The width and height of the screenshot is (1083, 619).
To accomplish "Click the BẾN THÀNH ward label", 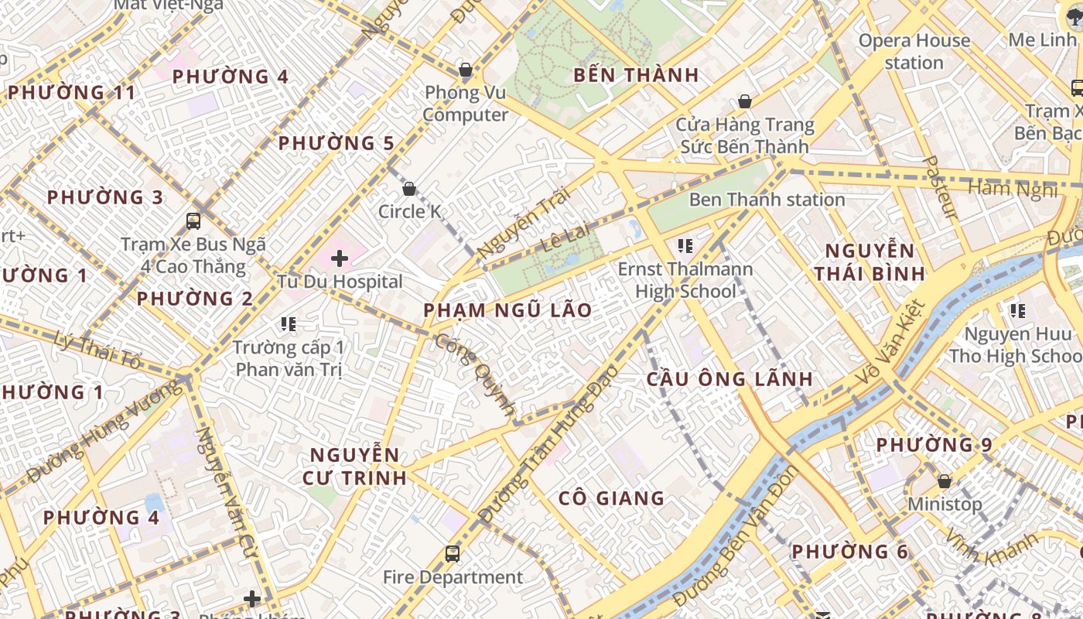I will pyautogui.click(x=636, y=75).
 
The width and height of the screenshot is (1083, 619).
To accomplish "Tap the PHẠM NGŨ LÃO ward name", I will pyautogui.click(x=507, y=310).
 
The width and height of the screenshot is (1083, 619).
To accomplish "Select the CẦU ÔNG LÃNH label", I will pyautogui.click(x=729, y=379).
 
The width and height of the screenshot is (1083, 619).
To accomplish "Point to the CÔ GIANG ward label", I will pyautogui.click(x=611, y=498).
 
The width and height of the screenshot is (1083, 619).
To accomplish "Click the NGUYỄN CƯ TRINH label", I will pyautogui.click(x=354, y=466).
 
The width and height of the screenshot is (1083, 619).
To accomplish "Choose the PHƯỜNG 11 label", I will pyautogui.click(x=72, y=93).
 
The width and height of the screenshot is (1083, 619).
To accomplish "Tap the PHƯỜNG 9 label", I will pyautogui.click(x=934, y=445).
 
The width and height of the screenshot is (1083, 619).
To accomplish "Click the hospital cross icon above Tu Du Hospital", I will pyautogui.click(x=339, y=258).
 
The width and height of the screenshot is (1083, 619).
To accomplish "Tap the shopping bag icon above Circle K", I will pyautogui.click(x=409, y=188).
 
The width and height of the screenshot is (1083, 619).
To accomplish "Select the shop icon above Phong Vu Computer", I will pyautogui.click(x=466, y=70).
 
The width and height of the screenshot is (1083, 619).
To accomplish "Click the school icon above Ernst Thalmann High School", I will pyautogui.click(x=685, y=246).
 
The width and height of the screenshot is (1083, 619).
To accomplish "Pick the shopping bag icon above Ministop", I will pyautogui.click(x=944, y=481).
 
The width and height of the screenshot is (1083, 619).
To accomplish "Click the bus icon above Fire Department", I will pyautogui.click(x=453, y=554).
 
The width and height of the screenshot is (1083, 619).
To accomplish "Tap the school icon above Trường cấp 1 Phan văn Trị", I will pyautogui.click(x=289, y=324).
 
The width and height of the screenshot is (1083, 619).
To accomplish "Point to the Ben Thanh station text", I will pyautogui.click(x=767, y=200).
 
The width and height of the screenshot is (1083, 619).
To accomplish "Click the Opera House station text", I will pyautogui.click(x=914, y=51).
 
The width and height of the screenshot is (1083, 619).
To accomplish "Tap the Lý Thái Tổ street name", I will pyautogui.click(x=99, y=349).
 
